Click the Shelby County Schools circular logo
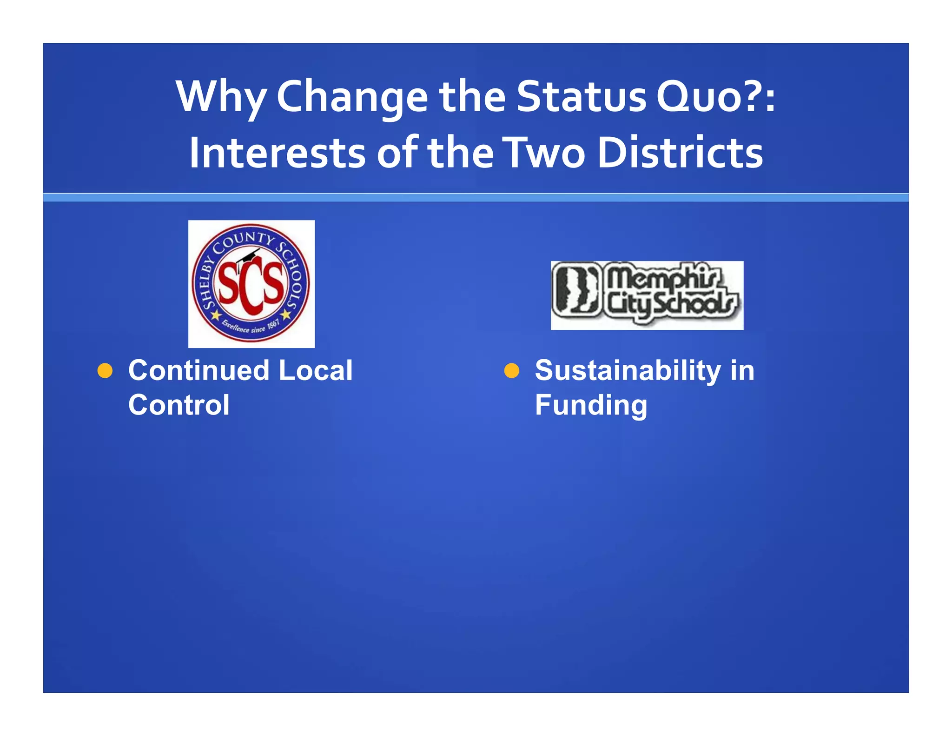point(251,283)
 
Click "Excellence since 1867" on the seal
point(251,326)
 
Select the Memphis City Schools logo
point(647,295)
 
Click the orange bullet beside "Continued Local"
point(105,371)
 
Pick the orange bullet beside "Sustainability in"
point(511,371)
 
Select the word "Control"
point(178,405)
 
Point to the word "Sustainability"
point(628,371)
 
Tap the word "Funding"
point(591,405)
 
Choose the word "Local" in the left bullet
point(316,371)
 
